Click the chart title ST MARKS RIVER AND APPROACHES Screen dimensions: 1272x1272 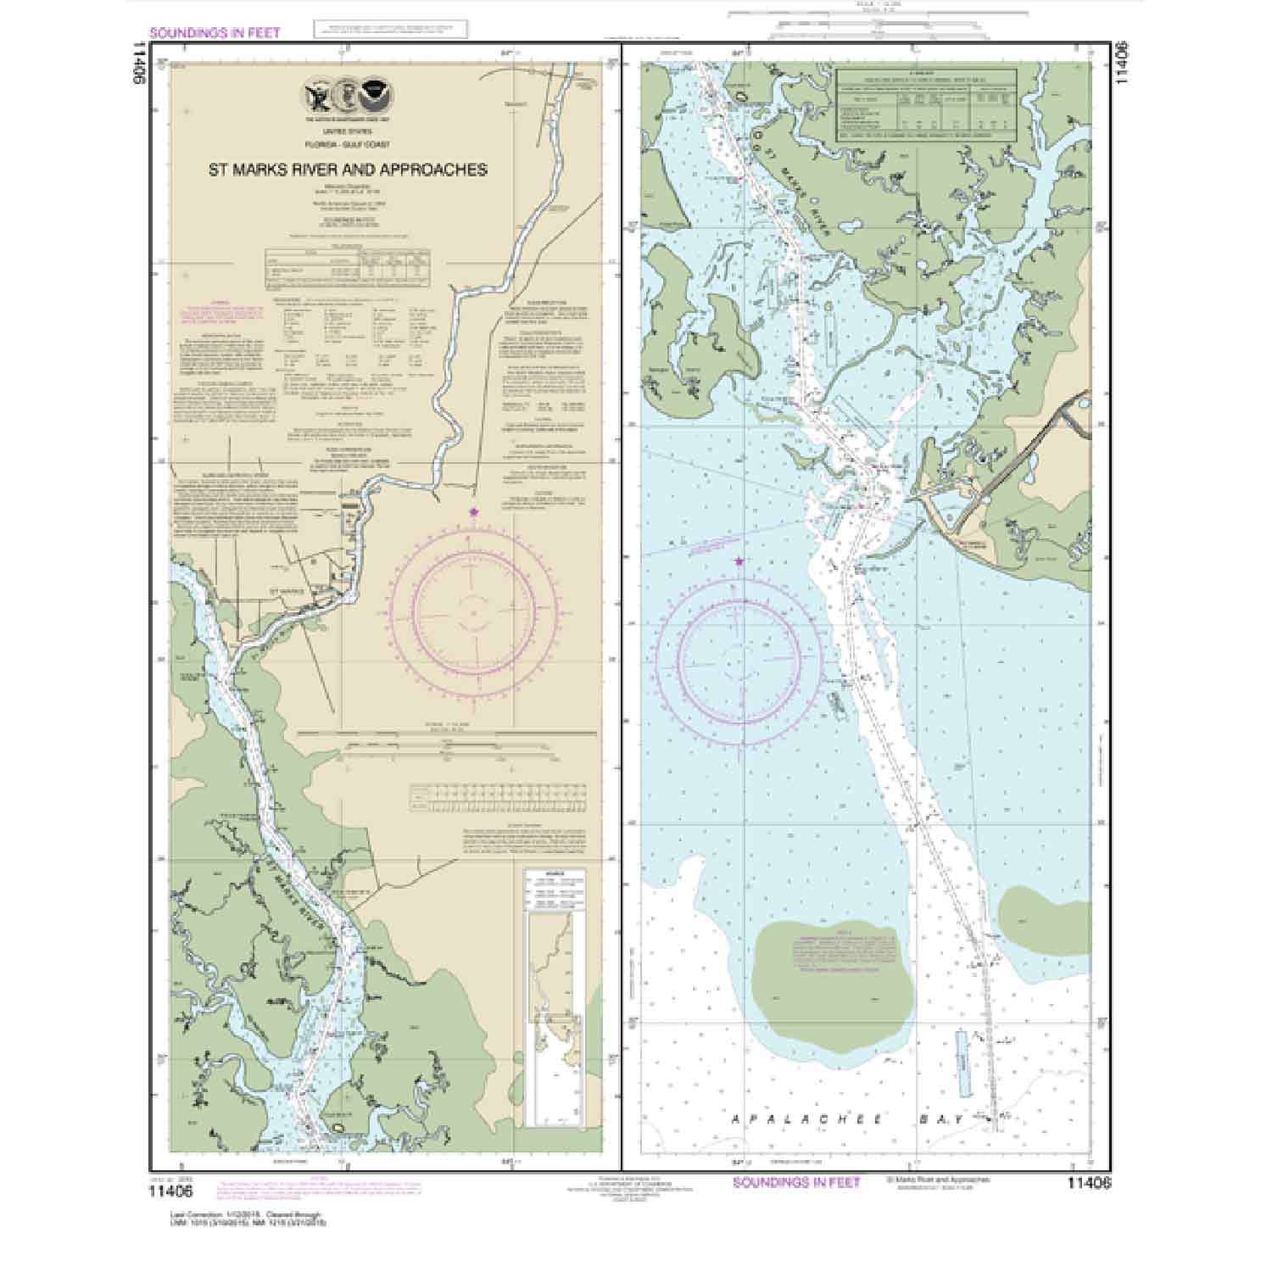click(x=348, y=170)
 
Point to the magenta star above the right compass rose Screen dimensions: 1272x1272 click(x=739, y=561)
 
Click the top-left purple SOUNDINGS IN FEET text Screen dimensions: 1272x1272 click(x=214, y=33)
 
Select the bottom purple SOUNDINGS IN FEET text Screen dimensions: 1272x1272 click(x=796, y=1182)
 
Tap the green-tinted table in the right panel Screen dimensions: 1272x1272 click(x=927, y=105)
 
